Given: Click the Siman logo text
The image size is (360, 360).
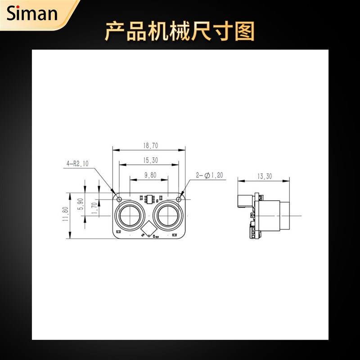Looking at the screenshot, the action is pos(32,14).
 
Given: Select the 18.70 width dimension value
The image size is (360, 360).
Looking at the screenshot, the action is pos(150,146).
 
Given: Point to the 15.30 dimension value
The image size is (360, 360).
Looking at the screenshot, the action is pos(150,160).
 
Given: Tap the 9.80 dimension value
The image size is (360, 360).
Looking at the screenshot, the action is pos(150,175).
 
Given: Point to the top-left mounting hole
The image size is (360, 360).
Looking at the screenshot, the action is pos(119,198).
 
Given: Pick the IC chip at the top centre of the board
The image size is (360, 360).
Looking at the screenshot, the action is pos(150,198).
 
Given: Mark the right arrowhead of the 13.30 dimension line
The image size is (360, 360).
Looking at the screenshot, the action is pos(288,180).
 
